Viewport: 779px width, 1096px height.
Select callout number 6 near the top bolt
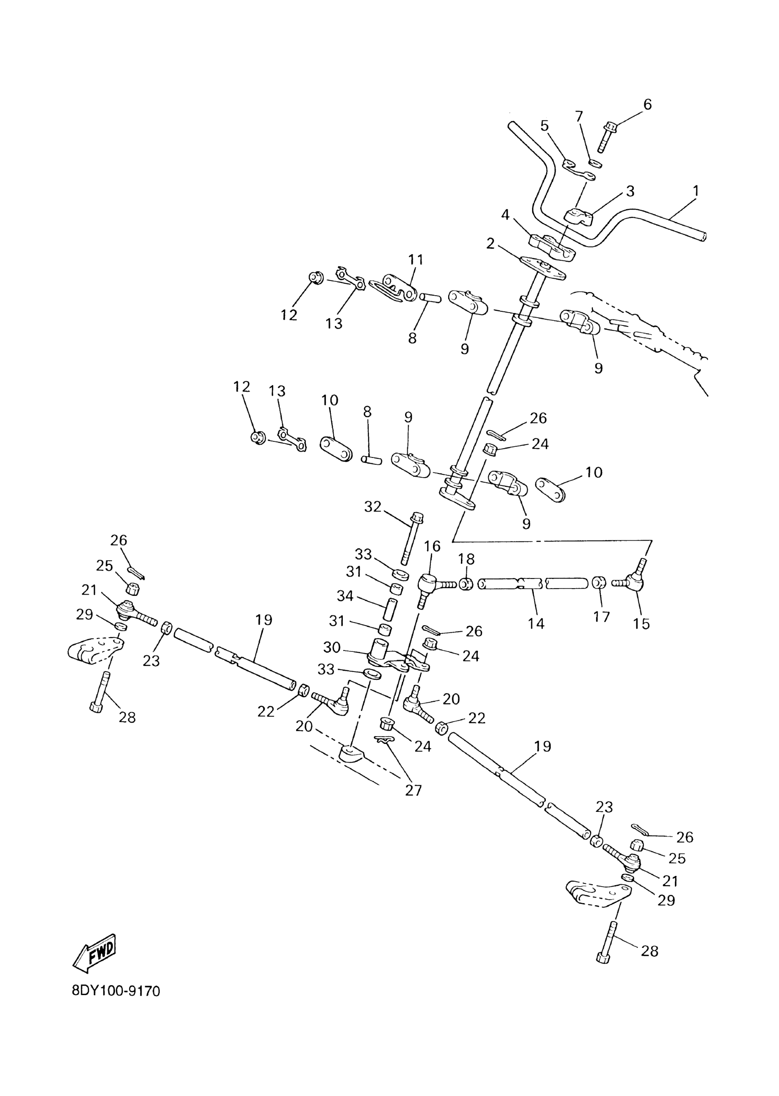(647, 104)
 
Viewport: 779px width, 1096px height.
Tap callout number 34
(345, 596)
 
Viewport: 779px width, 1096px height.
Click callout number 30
(331, 647)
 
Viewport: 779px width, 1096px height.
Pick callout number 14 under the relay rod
(536, 623)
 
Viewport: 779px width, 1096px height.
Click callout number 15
(642, 623)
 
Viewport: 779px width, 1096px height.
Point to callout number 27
(413, 790)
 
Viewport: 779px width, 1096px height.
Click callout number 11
(416, 259)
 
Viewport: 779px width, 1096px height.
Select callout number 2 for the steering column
(490, 244)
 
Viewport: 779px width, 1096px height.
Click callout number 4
(505, 215)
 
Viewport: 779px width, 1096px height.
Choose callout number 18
(466, 559)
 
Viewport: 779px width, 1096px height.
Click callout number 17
(601, 617)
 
